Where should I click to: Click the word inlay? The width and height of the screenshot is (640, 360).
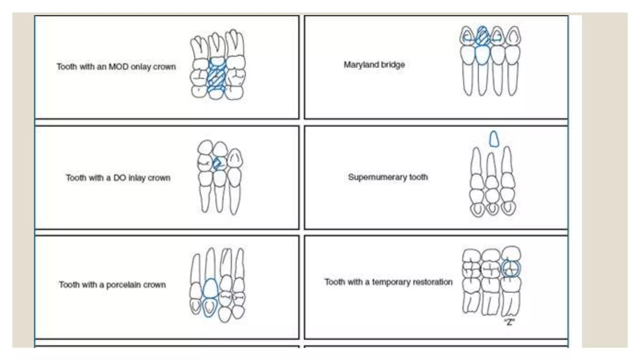pos(137,178)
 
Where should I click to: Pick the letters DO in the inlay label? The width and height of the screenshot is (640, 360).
pos(119,178)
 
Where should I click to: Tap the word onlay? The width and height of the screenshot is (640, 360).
pos(141,67)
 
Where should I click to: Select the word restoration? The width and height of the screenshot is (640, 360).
pos(432,282)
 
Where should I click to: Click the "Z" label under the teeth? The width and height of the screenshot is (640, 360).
pos(509,322)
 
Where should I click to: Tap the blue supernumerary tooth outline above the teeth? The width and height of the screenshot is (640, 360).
pos(494,139)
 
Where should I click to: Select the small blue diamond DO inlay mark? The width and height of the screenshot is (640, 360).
pos(217,163)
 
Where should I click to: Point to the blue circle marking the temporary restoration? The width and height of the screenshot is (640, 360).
pos(511,268)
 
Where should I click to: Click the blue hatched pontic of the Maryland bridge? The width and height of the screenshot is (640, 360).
pos(482,36)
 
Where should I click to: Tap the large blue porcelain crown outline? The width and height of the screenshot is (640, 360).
pos(210,288)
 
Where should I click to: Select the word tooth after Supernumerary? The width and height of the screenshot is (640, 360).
pos(418,177)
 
